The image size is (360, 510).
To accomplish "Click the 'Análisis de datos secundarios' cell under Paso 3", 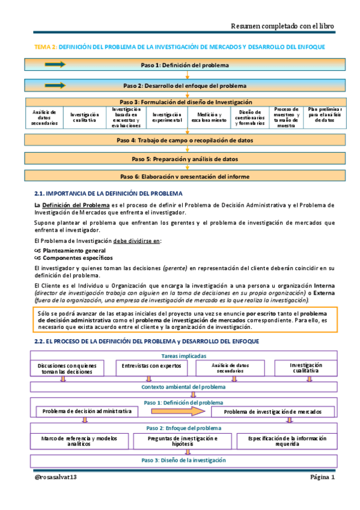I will tap(44, 117).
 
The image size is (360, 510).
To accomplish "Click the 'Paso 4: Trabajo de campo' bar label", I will tap(185, 140).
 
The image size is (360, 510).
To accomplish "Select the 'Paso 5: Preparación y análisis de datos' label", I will tap(185, 159).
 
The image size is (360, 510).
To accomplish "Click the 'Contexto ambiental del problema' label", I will tap(183, 387).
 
